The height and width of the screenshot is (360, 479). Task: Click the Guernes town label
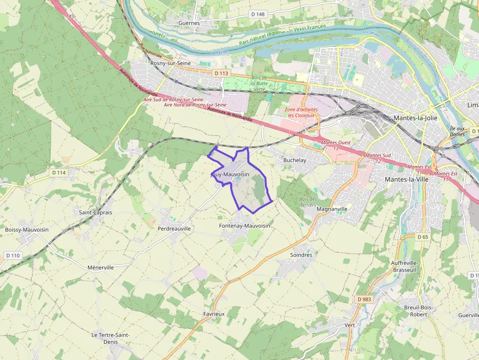pyautogui.click(x=189, y=23)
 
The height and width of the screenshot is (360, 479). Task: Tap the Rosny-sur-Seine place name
pyautogui.click(x=171, y=63)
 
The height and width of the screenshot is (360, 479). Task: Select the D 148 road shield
pyautogui.click(x=258, y=14)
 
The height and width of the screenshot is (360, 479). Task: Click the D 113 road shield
pyautogui.click(x=221, y=73)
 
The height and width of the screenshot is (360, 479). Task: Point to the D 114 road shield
pyautogui.click(x=58, y=172)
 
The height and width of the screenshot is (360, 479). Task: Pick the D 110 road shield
pyautogui.click(x=13, y=255)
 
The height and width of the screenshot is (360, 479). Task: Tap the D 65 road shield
pyautogui.click(x=423, y=237)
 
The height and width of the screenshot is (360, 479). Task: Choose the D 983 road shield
pyautogui.click(x=364, y=299)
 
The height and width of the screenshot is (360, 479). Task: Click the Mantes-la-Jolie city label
pyautogui.click(x=415, y=118)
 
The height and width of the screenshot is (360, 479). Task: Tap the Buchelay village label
pyautogui.click(x=295, y=160)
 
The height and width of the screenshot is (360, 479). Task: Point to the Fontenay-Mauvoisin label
pyautogui.click(x=245, y=226)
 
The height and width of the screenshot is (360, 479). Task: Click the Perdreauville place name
pyautogui.click(x=174, y=228)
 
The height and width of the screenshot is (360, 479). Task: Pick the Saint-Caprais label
pyautogui.click(x=95, y=212)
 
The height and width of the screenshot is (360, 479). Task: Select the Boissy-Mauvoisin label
pyautogui.click(x=26, y=230)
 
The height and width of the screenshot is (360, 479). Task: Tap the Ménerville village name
pyautogui.click(x=100, y=268)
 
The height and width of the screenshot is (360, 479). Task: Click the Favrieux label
pyautogui.click(x=214, y=314)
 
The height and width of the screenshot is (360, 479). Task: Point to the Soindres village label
pyautogui.click(x=301, y=255)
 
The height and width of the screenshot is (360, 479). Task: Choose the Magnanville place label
pyautogui.click(x=332, y=209)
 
